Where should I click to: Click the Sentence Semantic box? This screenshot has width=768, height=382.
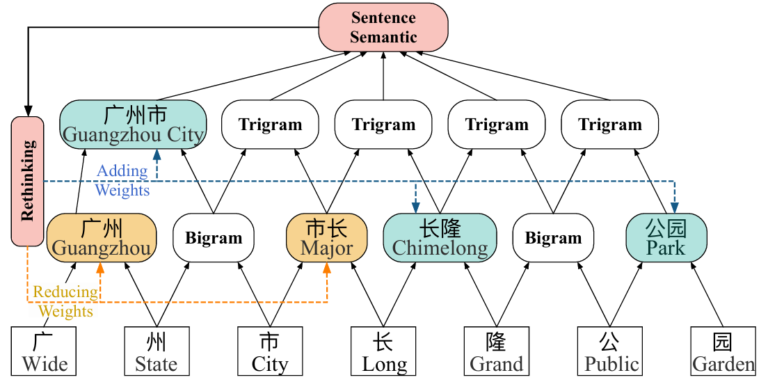point(383,27)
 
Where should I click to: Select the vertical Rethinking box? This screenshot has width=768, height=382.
point(28,181)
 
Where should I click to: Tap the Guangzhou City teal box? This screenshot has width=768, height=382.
point(132,125)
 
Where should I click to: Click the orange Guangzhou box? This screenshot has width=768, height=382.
point(102,238)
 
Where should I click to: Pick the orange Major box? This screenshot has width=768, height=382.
point(327,238)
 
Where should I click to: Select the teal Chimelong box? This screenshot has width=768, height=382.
point(440,238)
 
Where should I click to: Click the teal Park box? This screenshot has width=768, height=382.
point(666,238)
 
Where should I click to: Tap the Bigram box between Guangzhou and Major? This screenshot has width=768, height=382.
point(214,238)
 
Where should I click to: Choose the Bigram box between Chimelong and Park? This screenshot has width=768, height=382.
point(553,238)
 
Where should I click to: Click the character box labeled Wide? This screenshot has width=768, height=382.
point(44,352)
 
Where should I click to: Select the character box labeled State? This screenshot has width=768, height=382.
point(157,352)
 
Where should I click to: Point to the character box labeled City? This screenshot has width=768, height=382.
point(270,352)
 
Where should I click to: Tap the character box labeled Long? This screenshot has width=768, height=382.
point(383,352)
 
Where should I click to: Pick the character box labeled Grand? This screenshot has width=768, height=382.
point(497,352)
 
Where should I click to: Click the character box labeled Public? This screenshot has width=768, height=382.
point(610,352)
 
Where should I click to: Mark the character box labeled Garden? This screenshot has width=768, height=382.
point(723,352)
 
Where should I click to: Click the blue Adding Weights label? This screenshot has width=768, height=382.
point(122,180)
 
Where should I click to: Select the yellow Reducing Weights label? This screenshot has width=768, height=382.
point(65,302)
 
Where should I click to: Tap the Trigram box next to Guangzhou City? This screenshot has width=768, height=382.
point(270,125)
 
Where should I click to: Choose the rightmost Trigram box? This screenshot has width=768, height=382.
point(610,125)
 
